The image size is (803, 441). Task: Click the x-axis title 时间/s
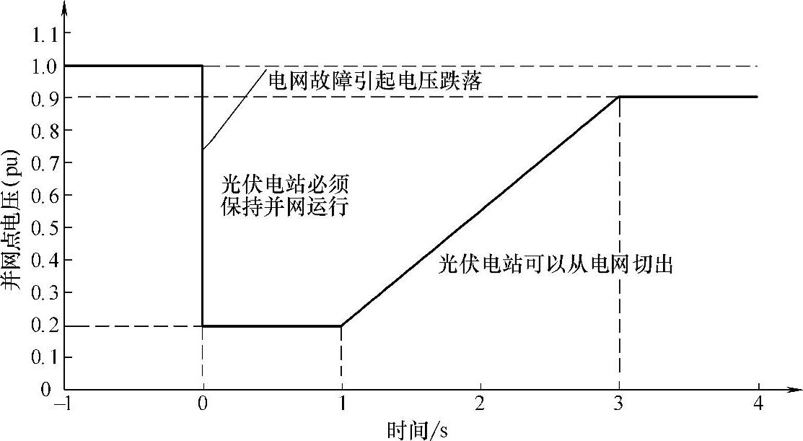(x=417, y=429)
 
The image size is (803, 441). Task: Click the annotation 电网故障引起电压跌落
(x=374, y=80)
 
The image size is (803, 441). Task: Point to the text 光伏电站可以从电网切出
(x=556, y=265)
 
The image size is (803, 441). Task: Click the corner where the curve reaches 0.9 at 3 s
(x=619, y=97)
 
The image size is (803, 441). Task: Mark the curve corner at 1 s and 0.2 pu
(x=341, y=326)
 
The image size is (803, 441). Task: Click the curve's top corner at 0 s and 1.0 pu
(x=203, y=66)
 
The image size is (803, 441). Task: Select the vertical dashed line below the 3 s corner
(x=619, y=245)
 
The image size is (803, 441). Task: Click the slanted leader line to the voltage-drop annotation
(x=232, y=110)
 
